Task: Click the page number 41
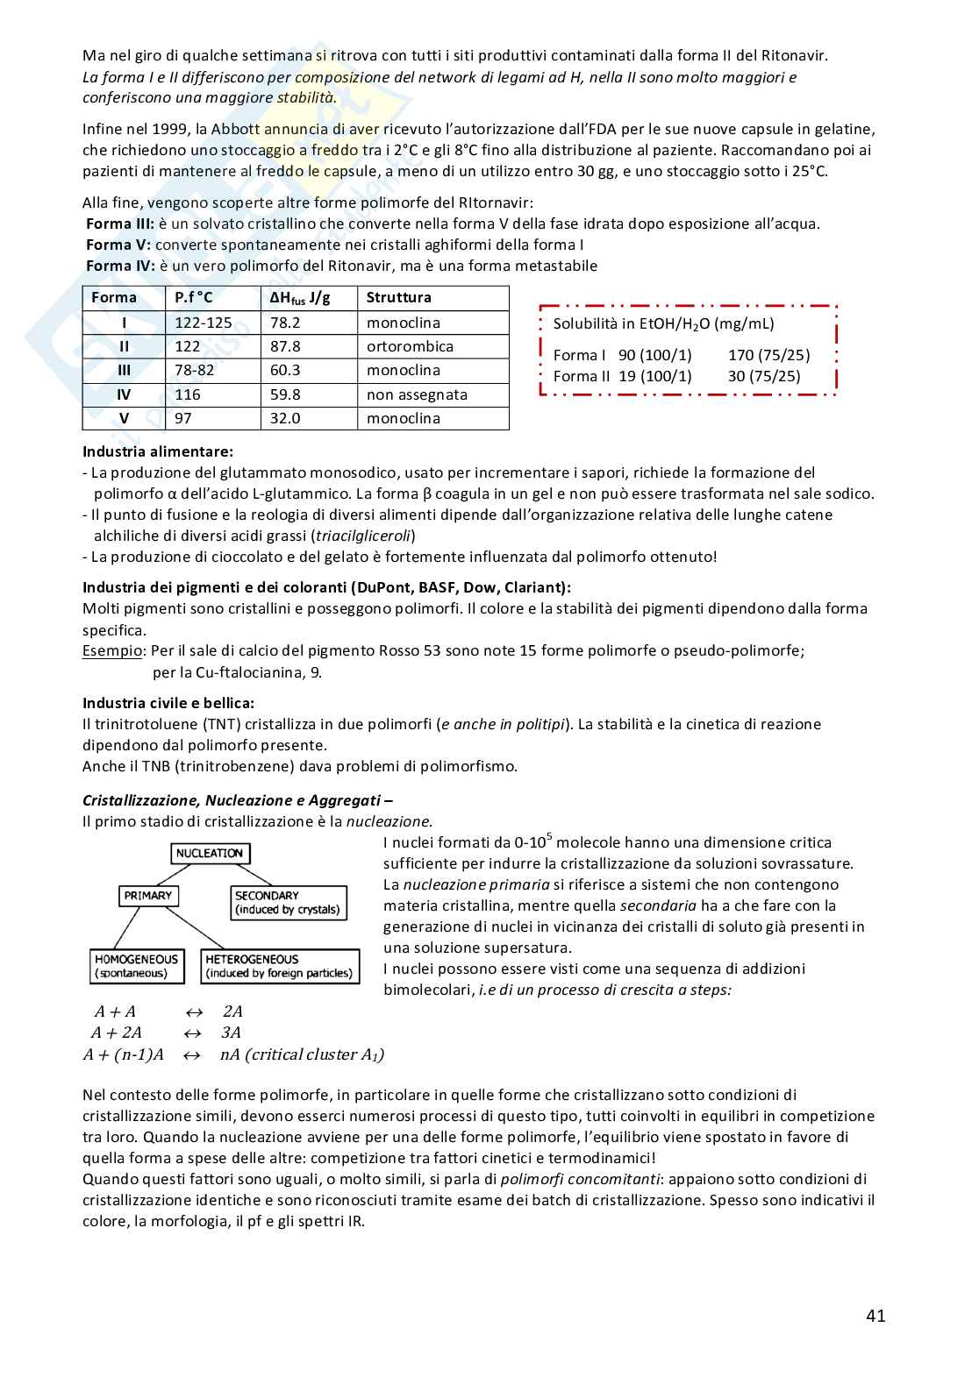pos(875,1315)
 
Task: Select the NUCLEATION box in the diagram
pos(210,853)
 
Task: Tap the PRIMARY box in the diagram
pos(148,896)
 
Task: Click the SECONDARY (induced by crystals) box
pos(287,903)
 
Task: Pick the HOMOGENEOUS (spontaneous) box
pos(137,966)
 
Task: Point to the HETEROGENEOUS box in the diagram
pos(280,966)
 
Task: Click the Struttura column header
pos(398,297)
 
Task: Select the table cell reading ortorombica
pos(410,346)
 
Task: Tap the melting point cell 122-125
pos(203,323)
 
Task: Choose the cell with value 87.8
pos(285,346)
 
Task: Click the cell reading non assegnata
pos(417,394)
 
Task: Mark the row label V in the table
pos(124,418)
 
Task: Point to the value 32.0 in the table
pos(285,418)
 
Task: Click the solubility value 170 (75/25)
pos(768,355)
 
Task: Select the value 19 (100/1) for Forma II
pos(654,376)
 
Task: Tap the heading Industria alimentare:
pos(158,451)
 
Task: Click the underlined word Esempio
pos(112,650)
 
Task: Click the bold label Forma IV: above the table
pos(120,266)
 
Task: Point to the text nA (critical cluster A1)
pos(302,1054)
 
